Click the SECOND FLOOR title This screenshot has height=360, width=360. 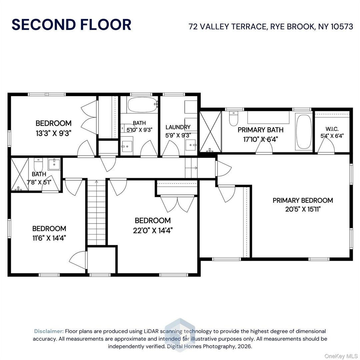pyautogui.click(x=71, y=25)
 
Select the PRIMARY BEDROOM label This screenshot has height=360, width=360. pyautogui.click(x=303, y=200)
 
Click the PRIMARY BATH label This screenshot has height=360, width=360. pyautogui.click(x=261, y=130)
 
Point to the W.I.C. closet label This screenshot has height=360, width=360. pyautogui.click(x=332, y=129)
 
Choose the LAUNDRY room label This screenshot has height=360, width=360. pyautogui.click(x=178, y=127)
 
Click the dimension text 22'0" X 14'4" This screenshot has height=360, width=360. pyautogui.click(x=153, y=230)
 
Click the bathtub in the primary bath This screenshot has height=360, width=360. pyautogui.click(x=304, y=132)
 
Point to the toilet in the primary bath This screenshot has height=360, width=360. pyautogui.click(x=234, y=119)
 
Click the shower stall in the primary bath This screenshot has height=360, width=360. pyautogui.click(x=210, y=131)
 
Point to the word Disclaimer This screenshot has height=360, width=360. pyautogui.click(x=49, y=331)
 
